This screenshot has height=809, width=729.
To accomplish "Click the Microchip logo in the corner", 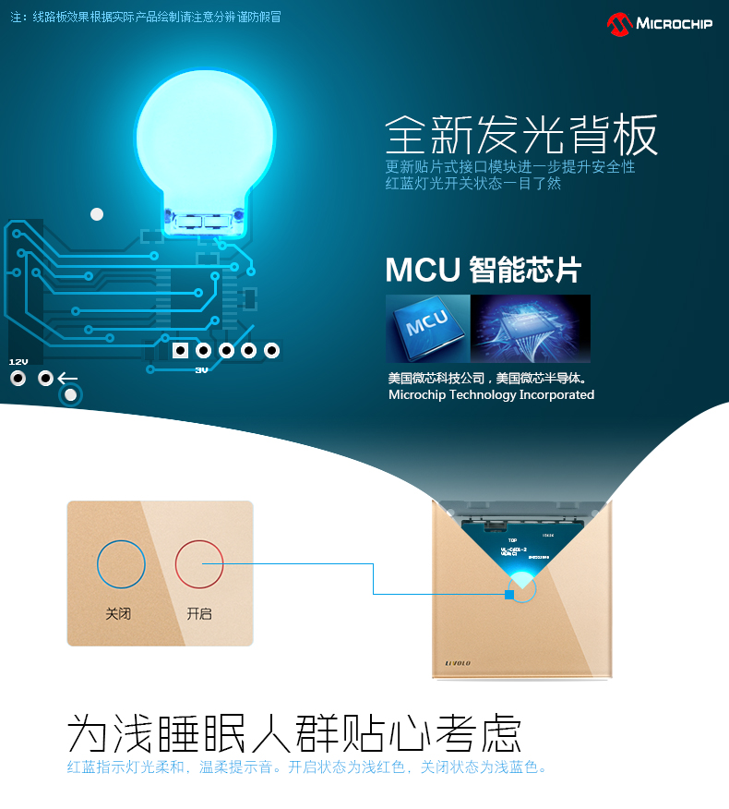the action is [x=660, y=23].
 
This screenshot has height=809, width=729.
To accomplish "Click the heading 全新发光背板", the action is [x=521, y=136].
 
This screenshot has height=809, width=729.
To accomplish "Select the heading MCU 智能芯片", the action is [x=483, y=270].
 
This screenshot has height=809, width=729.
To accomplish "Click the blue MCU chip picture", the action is [x=427, y=327].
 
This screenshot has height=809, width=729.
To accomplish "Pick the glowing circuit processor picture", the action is [x=531, y=328].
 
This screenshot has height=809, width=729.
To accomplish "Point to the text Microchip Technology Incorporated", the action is [x=491, y=394].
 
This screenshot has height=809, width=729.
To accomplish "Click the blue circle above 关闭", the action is [x=121, y=564].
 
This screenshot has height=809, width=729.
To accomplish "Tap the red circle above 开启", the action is [x=199, y=564].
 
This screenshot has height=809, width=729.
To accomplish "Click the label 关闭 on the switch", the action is [x=118, y=613].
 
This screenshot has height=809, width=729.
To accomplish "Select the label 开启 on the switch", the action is [x=199, y=613].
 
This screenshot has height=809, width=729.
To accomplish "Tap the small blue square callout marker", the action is [x=508, y=594].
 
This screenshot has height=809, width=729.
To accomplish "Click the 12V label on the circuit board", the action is [x=18, y=361].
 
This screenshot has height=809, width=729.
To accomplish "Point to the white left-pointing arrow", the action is [x=67, y=378].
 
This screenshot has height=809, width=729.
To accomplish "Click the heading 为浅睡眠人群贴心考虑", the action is [x=294, y=735].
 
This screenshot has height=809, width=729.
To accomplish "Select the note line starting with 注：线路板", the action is [x=145, y=17].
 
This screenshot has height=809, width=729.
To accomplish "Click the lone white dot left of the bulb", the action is [x=97, y=214].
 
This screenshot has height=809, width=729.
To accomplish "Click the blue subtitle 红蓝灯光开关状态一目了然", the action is [x=472, y=183].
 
